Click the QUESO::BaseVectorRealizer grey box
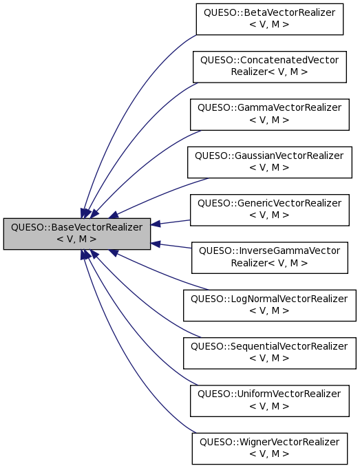coord(76,233)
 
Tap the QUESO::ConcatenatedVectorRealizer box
coord(269,65)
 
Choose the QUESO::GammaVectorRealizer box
coord(269,113)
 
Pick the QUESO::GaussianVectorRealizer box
coord(269,162)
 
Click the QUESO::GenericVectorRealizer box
coord(269,209)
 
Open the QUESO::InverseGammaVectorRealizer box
coord(269,257)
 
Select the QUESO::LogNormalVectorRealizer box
coord(269,304)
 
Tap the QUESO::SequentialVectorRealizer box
coord(269,351)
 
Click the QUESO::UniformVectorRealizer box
coord(269,399)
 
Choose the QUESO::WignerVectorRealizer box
coord(269,447)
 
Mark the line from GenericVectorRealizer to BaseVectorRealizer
coord(172,222)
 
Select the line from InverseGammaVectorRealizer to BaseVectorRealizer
coord(172,245)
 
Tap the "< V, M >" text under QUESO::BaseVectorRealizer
coord(76,239)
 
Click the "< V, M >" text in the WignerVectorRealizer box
coord(269,454)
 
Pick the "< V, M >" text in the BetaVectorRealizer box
coord(269,25)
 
